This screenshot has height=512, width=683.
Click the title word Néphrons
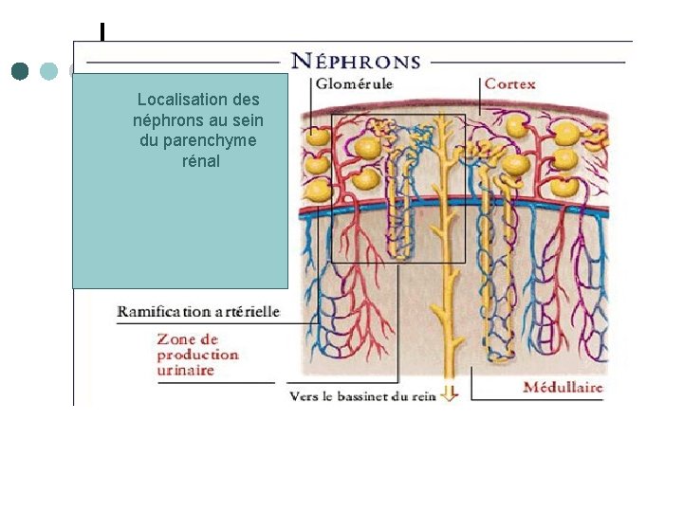tap(356, 62)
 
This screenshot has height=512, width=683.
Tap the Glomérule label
tap(354, 84)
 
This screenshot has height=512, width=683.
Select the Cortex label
tap(510, 83)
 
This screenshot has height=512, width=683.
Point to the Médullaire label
tap(563, 387)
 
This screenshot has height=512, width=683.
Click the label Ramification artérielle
tap(198, 311)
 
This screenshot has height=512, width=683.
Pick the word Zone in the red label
tap(175, 338)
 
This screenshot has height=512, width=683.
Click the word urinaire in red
tap(185, 370)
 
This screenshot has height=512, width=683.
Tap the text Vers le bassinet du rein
tap(361, 395)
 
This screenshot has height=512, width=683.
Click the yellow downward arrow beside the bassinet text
tap(450, 393)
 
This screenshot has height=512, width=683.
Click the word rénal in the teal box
tap(200, 161)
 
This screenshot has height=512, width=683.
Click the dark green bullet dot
tap(21, 71)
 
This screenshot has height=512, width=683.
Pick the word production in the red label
tap(198, 355)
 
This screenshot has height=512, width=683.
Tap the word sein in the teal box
tap(248, 120)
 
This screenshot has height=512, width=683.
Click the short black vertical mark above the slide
tap(102, 32)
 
